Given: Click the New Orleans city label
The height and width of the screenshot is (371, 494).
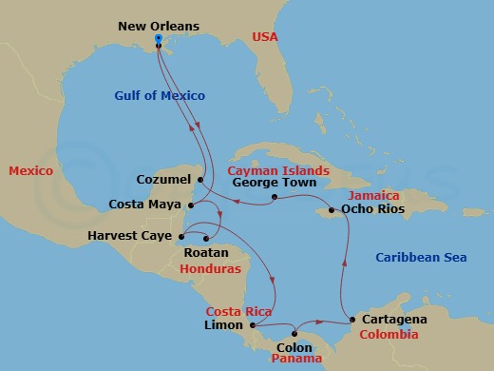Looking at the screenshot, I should point(159,26).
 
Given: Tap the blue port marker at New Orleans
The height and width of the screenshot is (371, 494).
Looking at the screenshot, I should point(158,40).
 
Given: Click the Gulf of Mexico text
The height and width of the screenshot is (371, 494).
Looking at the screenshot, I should point(160,95).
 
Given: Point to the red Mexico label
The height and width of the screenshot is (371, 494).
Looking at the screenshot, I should point(30,171).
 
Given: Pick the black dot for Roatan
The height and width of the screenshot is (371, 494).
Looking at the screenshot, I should point(205,238).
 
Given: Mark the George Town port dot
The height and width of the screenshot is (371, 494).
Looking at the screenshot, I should point(273,198).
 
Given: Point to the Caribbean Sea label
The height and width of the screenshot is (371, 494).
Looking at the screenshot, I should point(421,258).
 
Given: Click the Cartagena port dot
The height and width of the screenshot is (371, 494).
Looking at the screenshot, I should point(352,319).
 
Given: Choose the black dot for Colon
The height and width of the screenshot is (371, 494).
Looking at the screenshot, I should point(294,333).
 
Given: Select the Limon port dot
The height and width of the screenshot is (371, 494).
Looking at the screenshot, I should point(252,326).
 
